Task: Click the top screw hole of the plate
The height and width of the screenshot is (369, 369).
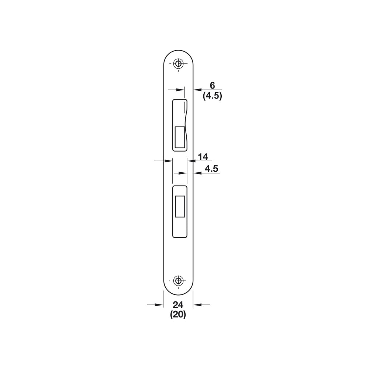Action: coord(178,63)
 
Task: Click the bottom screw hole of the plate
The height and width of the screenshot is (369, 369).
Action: coord(178,281)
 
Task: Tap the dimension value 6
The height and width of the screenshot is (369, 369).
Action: coord(212,86)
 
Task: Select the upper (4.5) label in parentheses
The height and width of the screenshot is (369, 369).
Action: coord(212,96)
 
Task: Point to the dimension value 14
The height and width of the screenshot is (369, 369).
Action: coord(203,157)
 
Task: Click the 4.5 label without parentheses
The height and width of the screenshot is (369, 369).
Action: coord(211,169)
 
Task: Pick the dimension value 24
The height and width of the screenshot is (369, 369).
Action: coord(178,305)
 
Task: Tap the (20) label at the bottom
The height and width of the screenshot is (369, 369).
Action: coord(178,315)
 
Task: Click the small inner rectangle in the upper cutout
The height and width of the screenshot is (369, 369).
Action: coord(180,137)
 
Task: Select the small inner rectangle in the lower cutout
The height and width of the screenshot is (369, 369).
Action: coord(180,206)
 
